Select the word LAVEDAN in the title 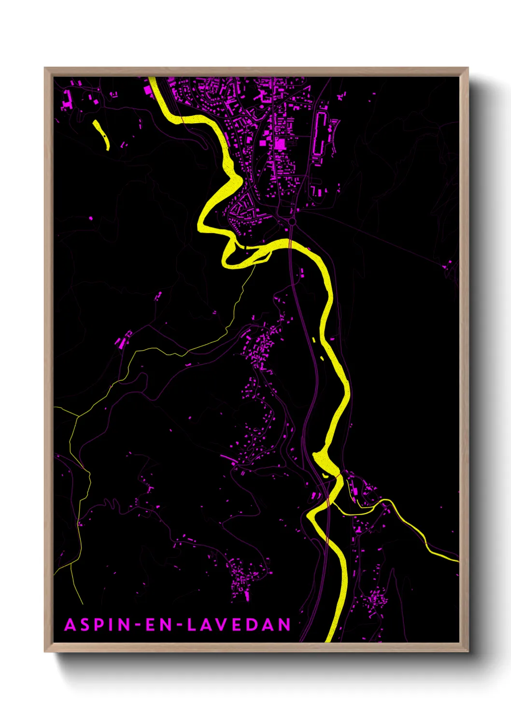239,625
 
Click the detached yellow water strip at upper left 101,134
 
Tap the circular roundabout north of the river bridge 292,221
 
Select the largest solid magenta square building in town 280,144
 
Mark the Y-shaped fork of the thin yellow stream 78,415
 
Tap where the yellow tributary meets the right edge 457,560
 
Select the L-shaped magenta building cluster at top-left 67,99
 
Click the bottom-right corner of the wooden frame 468,651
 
